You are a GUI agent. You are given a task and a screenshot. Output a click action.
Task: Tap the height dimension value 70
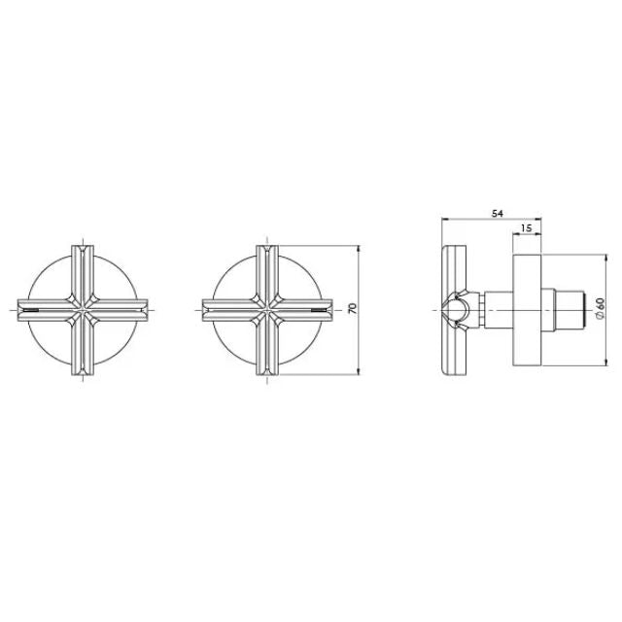[x=353, y=308]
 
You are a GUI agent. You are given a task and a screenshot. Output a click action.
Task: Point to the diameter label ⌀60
[x=601, y=308]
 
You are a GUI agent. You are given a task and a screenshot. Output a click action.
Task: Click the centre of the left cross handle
[x=84, y=309]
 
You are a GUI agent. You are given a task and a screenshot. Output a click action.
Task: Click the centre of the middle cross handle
[x=263, y=309]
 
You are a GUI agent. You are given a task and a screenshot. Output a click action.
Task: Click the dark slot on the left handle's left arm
[x=32, y=310]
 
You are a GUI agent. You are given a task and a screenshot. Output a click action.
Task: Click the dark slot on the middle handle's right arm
[x=316, y=310]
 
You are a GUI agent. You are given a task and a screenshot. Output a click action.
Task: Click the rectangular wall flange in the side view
[x=526, y=308]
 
